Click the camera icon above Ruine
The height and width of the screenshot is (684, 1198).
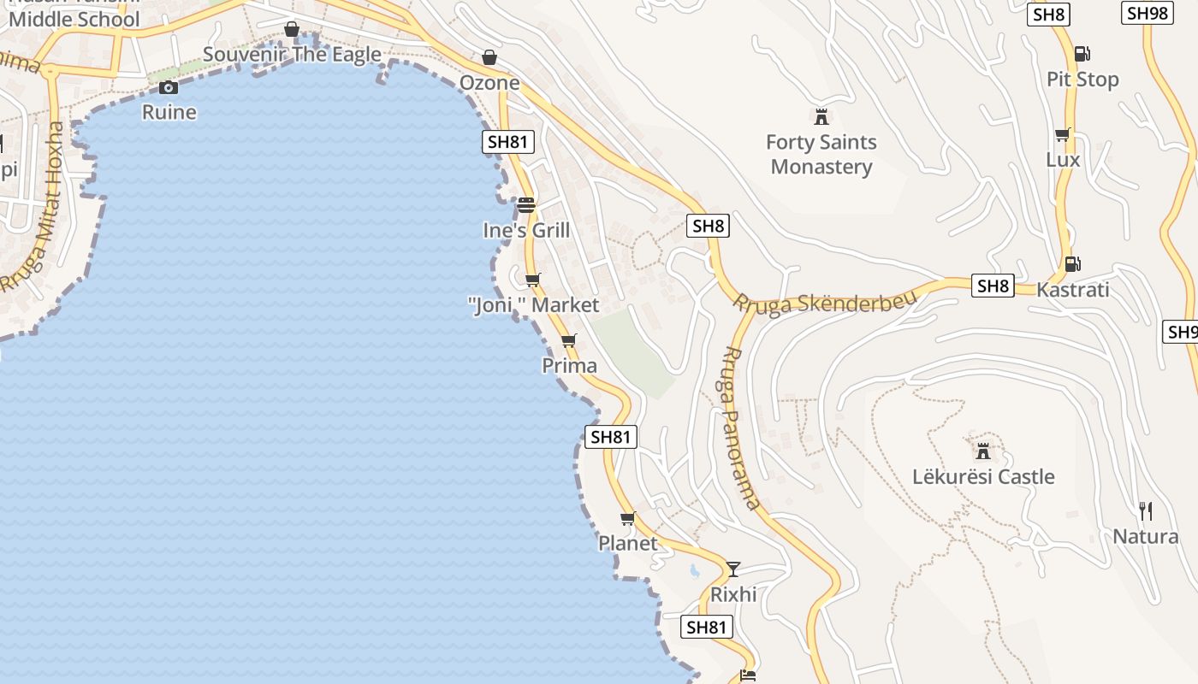pyautogui.click(x=169, y=87)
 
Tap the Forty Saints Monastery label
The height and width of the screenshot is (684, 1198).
pyautogui.click(x=821, y=154)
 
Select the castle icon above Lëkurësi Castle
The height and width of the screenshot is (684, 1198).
pyautogui.click(x=982, y=451)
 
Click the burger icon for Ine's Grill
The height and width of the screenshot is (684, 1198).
pyautogui.click(x=526, y=205)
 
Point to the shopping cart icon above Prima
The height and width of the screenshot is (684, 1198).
pyautogui.click(x=569, y=341)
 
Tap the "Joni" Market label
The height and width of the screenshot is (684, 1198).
pyautogui.click(x=534, y=304)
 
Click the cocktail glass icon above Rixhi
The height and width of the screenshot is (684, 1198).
pyautogui.click(x=733, y=569)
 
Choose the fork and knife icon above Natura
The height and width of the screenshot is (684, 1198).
pyautogui.click(x=1146, y=511)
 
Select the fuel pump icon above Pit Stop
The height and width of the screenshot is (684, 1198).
pyautogui.click(x=1082, y=54)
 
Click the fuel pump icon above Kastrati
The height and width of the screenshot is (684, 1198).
pyautogui.click(x=1072, y=264)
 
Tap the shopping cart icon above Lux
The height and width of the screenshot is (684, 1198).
pyautogui.click(x=1063, y=134)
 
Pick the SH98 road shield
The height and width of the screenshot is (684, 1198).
pyautogui.click(x=1147, y=13)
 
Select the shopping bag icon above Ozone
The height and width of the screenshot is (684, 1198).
pyautogui.click(x=489, y=57)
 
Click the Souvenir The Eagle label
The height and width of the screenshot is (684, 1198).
pyautogui.click(x=292, y=55)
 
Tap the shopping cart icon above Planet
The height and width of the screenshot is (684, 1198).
pyautogui.click(x=628, y=519)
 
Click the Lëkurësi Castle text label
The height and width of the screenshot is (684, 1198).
pyautogui.click(x=983, y=476)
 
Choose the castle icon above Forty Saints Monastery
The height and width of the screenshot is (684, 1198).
pyautogui.click(x=821, y=116)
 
